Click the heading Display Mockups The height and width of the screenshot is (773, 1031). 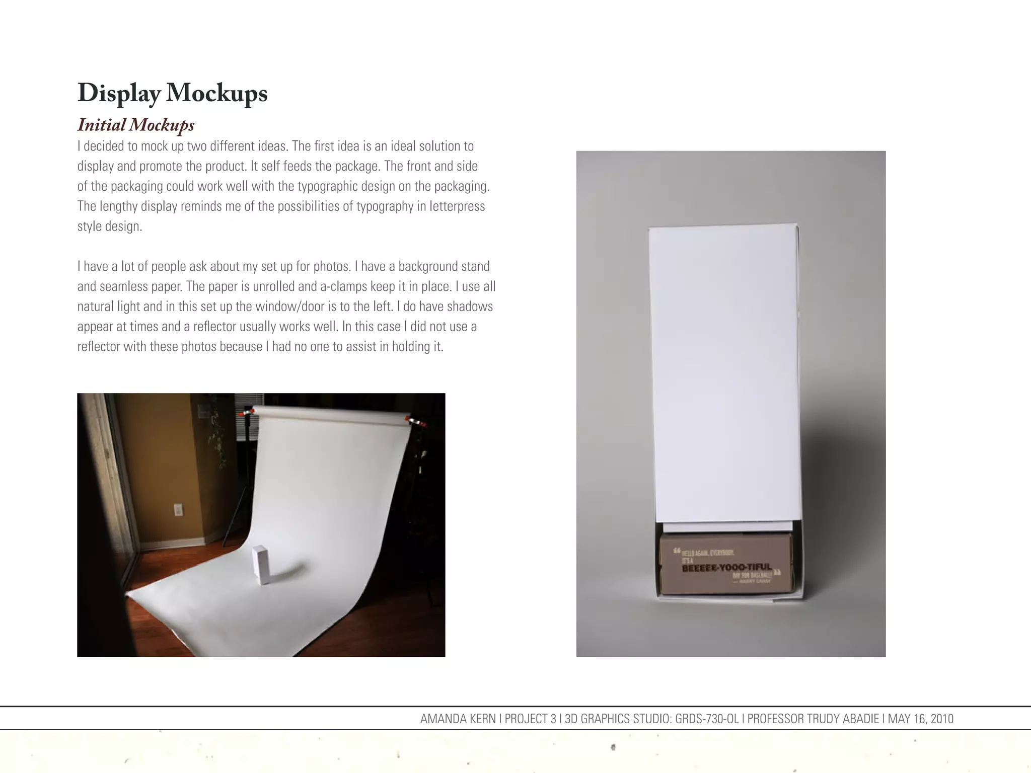click(x=172, y=94)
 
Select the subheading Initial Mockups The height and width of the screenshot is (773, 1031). click(x=136, y=125)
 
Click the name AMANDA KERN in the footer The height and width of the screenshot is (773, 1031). click(x=458, y=719)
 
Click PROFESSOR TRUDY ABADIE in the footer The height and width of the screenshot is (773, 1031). click(x=813, y=719)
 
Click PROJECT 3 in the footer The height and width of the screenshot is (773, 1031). click(x=530, y=719)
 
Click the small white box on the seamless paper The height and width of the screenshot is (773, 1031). click(x=261, y=565)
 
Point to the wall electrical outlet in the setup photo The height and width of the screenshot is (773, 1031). click(x=178, y=509)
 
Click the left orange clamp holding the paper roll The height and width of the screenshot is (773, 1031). click(x=246, y=413)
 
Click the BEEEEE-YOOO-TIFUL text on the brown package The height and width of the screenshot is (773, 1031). click(x=726, y=568)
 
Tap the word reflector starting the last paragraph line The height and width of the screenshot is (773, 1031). click(x=98, y=347)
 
